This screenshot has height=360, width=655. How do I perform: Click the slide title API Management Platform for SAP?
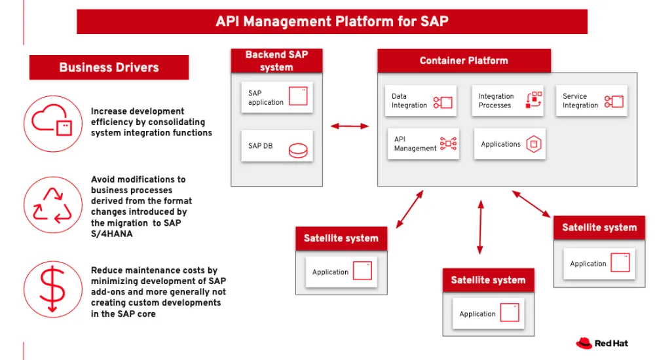click(332, 22)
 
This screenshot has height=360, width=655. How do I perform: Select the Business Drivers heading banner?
click(109, 67)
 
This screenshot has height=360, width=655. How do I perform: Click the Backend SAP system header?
click(276, 61)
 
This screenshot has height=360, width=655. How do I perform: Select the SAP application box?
click(276, 98)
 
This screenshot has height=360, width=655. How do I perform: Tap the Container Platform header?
click(464, 61)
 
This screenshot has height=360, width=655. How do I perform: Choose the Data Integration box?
click(421, 101)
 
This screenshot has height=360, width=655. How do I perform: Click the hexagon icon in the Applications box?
click(534, 144)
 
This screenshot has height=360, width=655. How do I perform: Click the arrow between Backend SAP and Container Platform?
click(350, 126)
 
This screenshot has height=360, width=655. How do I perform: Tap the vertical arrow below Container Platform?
click(480, 228)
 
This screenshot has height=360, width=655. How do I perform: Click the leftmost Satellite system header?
click(341, 238)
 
